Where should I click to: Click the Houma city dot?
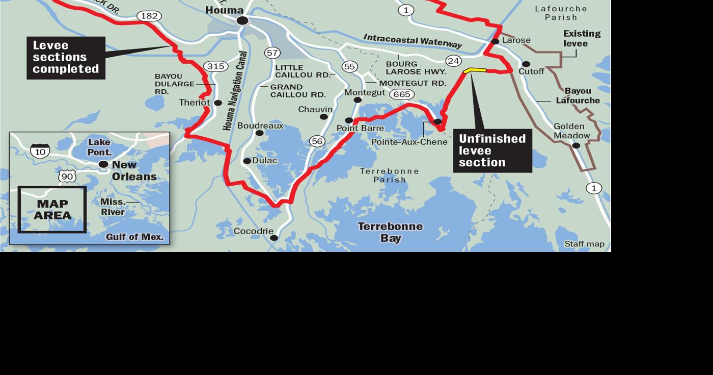(x=242, y=20)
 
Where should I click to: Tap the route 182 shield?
(x=149, y=16)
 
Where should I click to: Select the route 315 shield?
(x=215, y=66)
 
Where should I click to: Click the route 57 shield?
(x=272, y=53)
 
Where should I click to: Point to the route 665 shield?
(x=402, y=94)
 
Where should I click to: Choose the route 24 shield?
(x=453, y=61)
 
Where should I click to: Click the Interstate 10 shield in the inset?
(x=40, y=151)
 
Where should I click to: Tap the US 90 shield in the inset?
(x=67, y=177)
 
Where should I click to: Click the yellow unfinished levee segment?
(x=475, y=71)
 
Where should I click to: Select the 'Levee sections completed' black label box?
(x=66, y=58)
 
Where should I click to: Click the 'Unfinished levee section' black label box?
(x=492, y=151)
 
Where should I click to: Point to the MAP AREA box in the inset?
(x=52, y=210)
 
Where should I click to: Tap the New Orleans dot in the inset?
(x=103, y=164)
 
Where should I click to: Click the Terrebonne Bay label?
(x=390, y=232)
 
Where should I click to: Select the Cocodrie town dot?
(x=274, y=238)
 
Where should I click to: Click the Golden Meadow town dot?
(x=576, y=145)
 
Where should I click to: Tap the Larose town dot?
(x=495, y=41)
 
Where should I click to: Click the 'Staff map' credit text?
(x=584, y=244)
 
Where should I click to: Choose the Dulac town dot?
(x=247, y=161)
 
